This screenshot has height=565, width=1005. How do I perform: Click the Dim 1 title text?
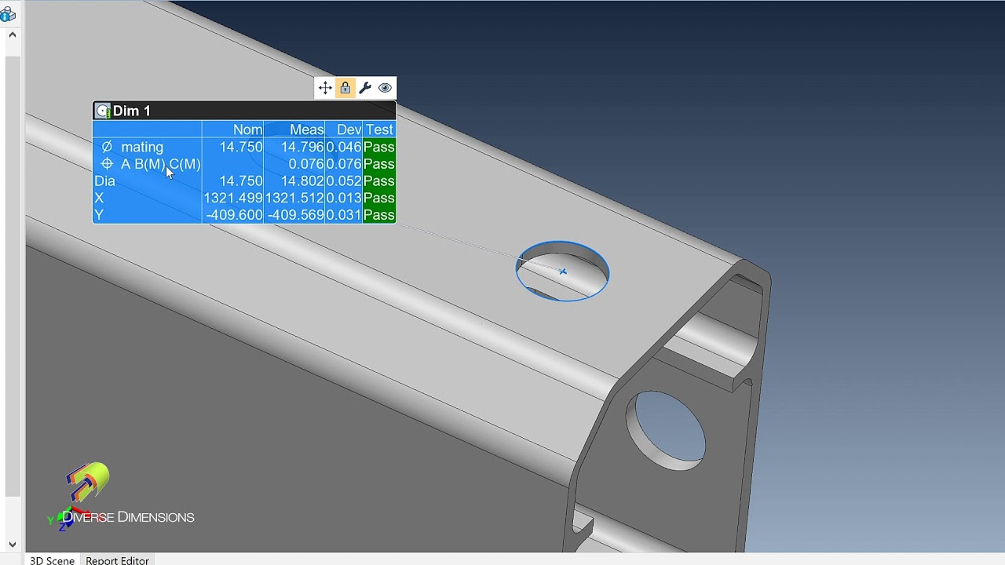131,111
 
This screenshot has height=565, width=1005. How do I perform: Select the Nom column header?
247,129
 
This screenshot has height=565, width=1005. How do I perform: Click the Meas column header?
306,129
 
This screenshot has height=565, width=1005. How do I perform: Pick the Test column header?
379,129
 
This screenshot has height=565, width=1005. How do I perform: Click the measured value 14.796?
302,147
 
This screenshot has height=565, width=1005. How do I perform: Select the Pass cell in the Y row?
379,215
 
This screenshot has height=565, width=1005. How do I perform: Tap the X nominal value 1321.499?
233,198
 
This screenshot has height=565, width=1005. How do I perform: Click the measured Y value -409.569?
296,215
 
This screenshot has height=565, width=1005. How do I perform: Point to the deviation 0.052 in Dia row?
344,181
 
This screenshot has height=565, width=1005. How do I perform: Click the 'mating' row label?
142,147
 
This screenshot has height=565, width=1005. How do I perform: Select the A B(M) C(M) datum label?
160,164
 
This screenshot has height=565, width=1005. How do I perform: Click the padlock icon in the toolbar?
345,88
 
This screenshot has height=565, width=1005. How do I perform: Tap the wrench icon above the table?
365,88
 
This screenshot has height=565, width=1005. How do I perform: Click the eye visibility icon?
385,88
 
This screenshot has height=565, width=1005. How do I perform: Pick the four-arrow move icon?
325,88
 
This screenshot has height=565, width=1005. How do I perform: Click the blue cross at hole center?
563,272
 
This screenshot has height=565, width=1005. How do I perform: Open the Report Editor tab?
117,560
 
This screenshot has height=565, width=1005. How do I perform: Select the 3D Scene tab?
52,560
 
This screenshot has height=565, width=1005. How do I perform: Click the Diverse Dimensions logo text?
128,517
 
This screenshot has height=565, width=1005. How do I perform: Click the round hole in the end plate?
666,430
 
